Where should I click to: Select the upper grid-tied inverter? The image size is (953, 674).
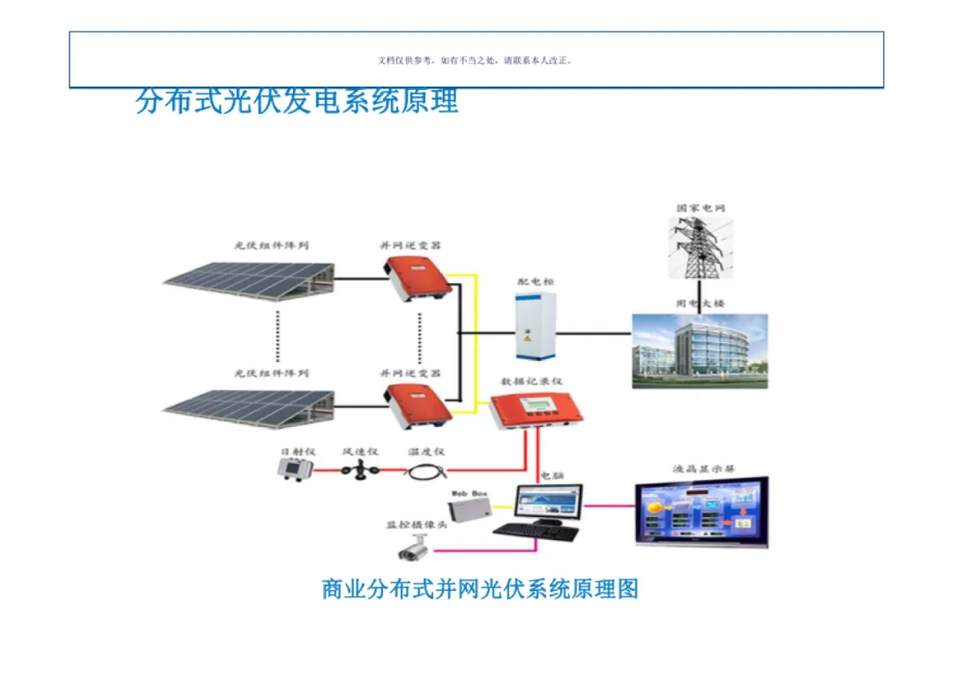point(416,279)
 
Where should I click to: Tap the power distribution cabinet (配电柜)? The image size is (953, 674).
point(537,324)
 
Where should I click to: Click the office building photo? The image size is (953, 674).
point(700,351)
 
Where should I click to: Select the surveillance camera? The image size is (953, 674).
point(413,551)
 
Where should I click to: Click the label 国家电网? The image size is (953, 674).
point(701,208)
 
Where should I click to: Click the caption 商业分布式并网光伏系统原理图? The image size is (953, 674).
point(480,588)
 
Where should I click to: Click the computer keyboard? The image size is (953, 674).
point(536,533)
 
